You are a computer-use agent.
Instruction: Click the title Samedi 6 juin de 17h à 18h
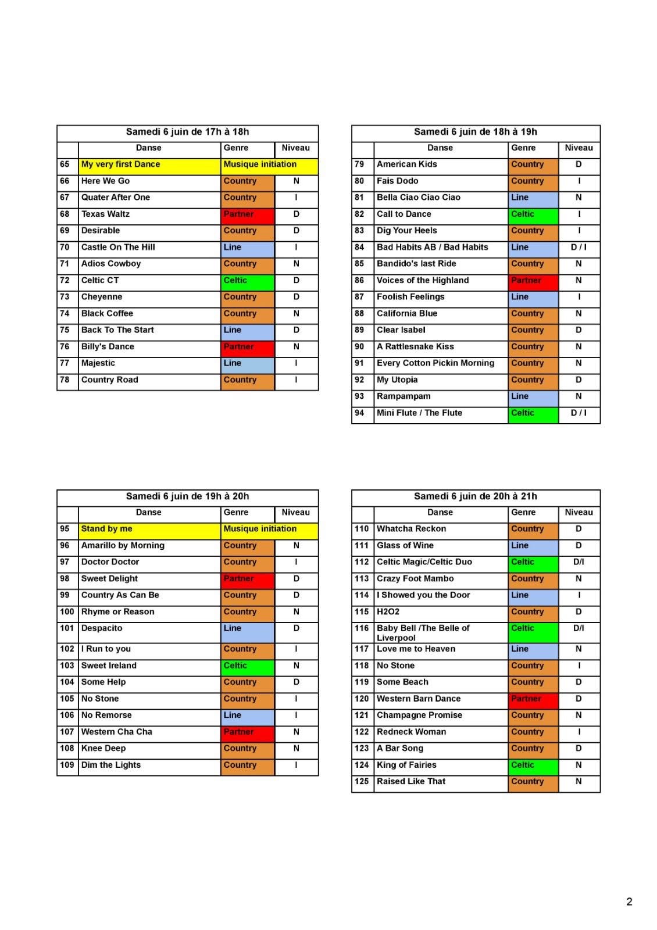(187, 132)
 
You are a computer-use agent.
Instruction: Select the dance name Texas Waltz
(106, 214)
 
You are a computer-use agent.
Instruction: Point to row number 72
(65, 280)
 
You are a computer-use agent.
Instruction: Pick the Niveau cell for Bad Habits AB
(579, 247)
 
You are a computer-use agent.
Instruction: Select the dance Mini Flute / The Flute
(419, 413)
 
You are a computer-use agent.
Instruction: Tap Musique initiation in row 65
(260, 164)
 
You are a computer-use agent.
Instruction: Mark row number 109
(67, 765)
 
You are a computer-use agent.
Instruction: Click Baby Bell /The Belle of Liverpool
(423, 632)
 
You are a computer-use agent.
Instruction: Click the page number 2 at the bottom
(629, 902)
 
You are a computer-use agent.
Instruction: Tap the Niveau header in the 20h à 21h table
(579, 513)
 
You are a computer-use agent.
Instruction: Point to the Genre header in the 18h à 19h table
(523, 148)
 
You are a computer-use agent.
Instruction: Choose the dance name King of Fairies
(406, 765)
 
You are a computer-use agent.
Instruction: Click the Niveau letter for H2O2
(579, 612)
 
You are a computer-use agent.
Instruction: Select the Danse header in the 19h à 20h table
(149, 513)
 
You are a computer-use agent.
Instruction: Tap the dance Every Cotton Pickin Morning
(435, 363)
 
